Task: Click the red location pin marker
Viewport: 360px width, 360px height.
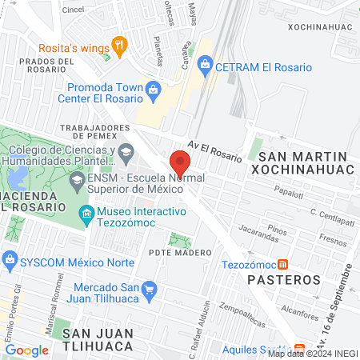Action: tap(179, 162)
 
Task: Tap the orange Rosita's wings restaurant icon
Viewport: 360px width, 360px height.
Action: tap(121, 46)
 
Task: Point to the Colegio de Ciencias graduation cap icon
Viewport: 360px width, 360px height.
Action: tap(126, 151)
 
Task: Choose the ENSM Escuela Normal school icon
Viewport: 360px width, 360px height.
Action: tap(76, 181)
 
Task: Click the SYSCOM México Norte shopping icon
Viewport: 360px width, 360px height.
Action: tap(10, 259)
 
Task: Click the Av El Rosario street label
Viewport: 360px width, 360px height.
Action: tap(214, 151)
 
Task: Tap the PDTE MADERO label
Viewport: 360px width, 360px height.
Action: tap(180, 252)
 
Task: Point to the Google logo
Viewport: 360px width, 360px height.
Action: tap(26, 350)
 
